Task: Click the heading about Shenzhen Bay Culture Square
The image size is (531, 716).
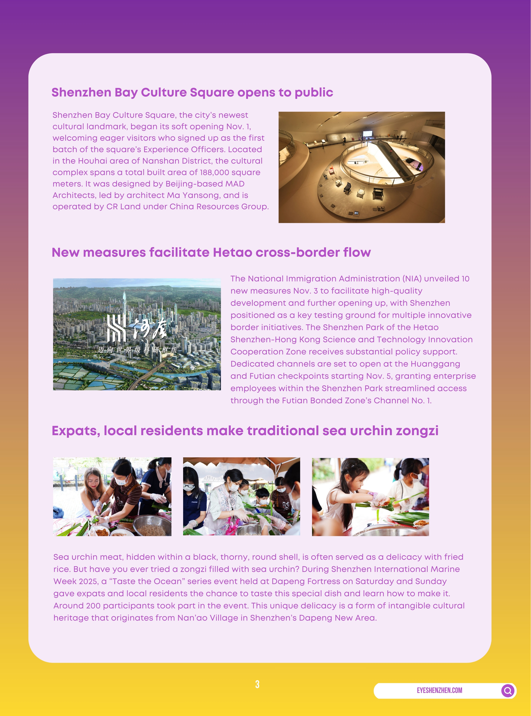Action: (x=192, y=92)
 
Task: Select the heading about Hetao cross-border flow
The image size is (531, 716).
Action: (x=211, y=253)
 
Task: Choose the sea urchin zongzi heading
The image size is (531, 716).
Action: (x=245, y=431)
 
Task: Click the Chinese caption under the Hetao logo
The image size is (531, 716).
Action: (x=137, y=350)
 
